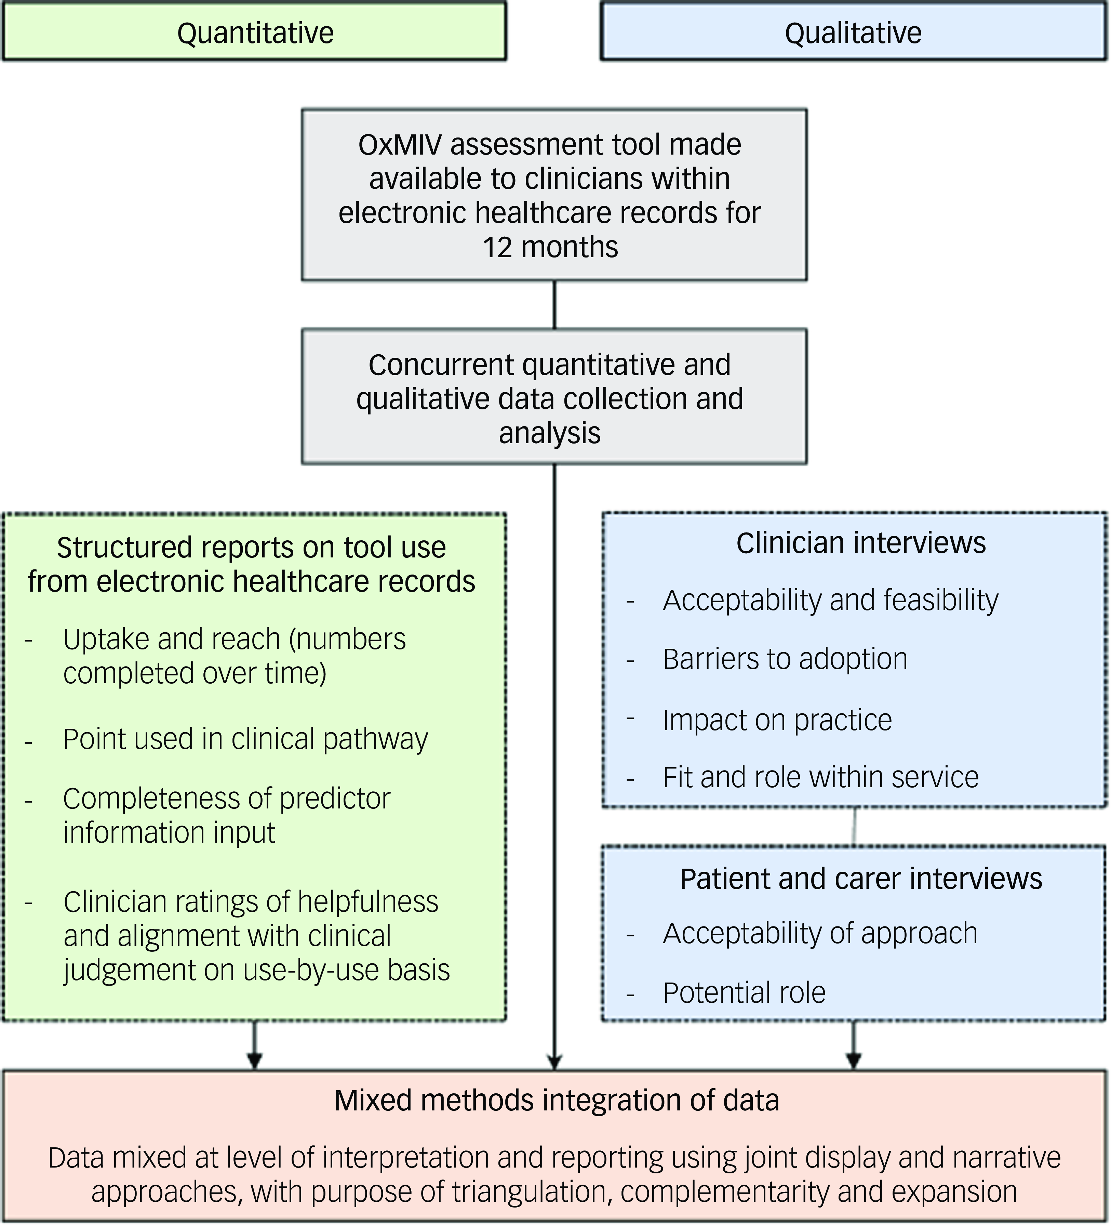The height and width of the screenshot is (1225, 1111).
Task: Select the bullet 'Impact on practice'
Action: (x=777, y=720)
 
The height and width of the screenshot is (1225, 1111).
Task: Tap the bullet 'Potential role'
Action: (x=744, y=993)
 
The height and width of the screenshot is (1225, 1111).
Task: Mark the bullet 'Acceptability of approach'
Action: (x=820, y=933)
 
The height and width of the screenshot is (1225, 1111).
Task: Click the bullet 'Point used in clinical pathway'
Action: (x=245, y=739)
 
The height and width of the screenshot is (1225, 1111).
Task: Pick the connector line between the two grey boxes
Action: (x=554, y=305)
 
